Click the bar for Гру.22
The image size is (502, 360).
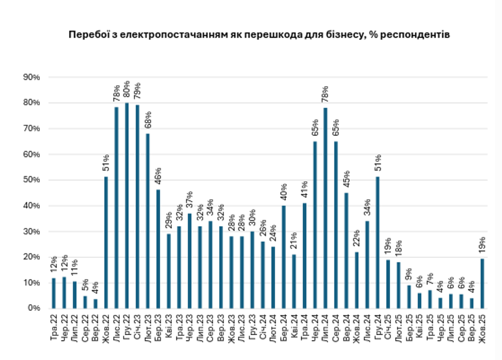coord(127,206)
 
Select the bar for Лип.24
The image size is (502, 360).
coord(325,208)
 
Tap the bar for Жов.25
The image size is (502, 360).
coord(482,283)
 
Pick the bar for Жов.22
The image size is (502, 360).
coord(106,242)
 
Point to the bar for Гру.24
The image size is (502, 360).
coord(378,242)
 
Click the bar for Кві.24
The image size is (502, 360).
coord(294,281)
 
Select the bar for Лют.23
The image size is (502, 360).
coord(148,221)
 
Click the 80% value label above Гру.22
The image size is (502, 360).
coord(127,90)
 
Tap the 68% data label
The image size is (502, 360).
coord(148,120)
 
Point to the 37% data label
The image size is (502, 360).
coord(189,200)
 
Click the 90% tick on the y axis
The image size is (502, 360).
coord(31,77)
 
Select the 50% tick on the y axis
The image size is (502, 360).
coord(31,180)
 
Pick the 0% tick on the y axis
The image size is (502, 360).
coord(33,308)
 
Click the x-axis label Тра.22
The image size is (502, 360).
coord(54,328)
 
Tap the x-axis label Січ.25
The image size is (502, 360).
coord(388,328)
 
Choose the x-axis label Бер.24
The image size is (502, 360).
coord(283,328)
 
